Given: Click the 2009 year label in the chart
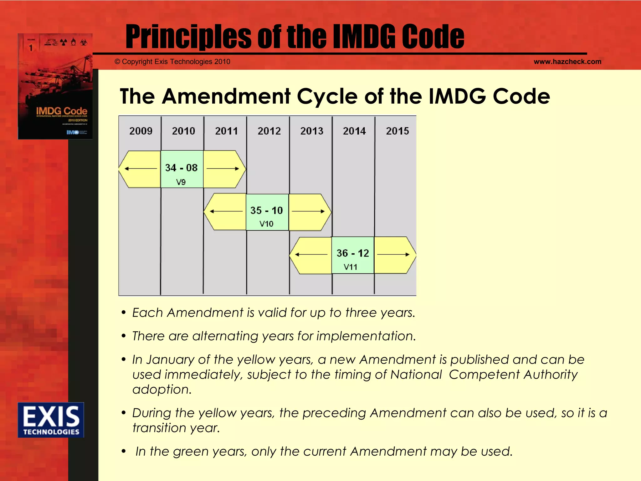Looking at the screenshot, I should click(141, 131).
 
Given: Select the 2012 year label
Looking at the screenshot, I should click(269, 131).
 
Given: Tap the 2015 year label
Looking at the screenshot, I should click(397, 131).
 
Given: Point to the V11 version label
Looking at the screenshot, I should click(350, 267).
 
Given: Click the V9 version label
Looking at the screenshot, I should click(181, 182).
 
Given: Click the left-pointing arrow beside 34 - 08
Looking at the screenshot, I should click(141, 169).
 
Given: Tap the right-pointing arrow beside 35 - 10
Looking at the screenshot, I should click(308, 211).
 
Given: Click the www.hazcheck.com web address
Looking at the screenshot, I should click(567, 62).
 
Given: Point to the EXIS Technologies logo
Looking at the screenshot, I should click(51, 420).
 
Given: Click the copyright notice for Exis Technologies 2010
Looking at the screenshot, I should click(172, 62).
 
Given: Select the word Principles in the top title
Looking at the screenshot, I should click(188, 37).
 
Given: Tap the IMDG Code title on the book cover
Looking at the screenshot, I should click(62, 111).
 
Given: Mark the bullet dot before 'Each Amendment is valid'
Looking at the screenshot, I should click(124, 313).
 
